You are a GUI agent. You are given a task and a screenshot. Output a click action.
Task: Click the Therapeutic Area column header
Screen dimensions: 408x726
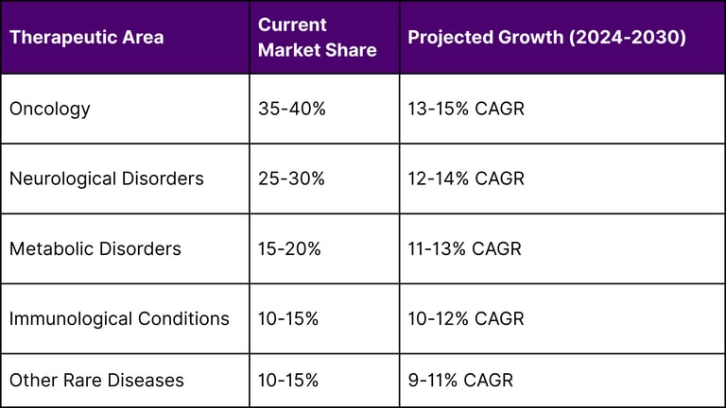pos(86,38)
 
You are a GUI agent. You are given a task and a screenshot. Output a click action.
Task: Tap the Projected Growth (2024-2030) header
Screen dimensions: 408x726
pos(546,38)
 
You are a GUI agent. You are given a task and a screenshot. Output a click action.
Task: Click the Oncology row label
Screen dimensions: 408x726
pos(50,109)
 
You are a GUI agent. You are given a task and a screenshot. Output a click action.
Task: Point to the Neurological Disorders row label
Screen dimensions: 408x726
pos(106,178)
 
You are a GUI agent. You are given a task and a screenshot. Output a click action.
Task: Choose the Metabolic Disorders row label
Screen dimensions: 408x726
pos(95,249)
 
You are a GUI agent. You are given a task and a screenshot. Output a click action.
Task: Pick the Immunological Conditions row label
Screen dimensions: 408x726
pos(119,318)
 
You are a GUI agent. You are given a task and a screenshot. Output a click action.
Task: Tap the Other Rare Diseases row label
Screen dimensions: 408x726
pos(96,381)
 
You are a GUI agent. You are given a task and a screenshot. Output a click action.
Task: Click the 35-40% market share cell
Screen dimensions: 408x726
pos(291,109)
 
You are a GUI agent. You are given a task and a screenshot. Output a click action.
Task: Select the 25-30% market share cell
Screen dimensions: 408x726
pos(291,178)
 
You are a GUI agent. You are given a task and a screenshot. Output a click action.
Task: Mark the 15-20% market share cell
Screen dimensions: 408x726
pos(289,249)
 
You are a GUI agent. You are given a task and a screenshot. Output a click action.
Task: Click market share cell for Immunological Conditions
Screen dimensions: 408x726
pos(288,318)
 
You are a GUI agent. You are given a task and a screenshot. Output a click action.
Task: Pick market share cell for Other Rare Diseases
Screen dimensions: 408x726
pos(288,381)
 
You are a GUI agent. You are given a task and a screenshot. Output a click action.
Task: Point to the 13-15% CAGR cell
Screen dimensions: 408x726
pos(466,109)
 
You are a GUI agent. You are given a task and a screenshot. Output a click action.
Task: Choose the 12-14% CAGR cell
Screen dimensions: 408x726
pos(466,178)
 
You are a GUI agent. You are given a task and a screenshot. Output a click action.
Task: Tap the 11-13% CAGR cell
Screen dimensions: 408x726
pos(464,249)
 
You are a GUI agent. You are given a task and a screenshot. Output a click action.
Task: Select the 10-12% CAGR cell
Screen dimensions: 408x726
pos(466,318)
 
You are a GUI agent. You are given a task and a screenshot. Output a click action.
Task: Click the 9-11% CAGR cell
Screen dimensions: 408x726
pos(460,381)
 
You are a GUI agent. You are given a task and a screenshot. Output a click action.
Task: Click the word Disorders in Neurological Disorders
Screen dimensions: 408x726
pos(162,178)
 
